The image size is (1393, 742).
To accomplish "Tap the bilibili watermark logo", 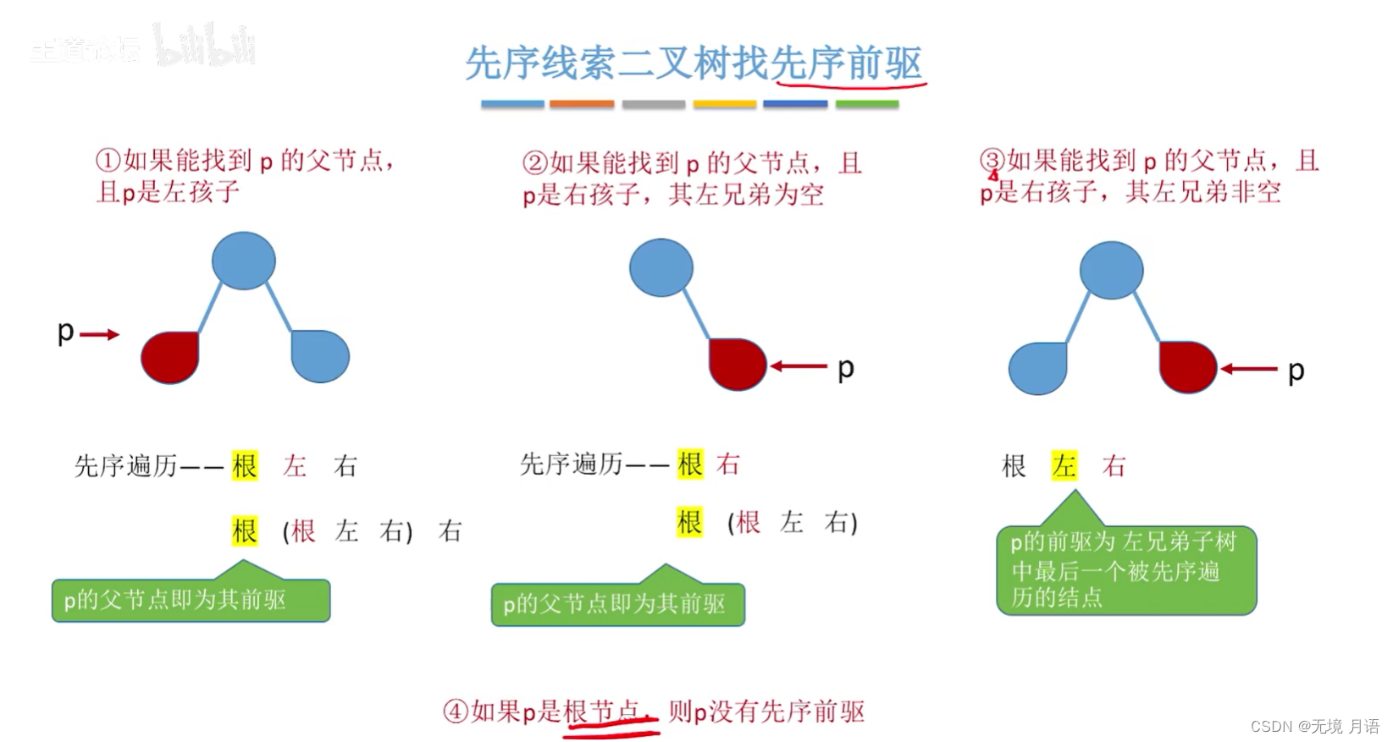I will pyautogui.click(x=205, y=46).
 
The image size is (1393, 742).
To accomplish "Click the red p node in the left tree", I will pyautogui.click(x=170, y=357).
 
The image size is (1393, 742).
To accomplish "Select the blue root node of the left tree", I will pyautogui.click(x=244, y=261).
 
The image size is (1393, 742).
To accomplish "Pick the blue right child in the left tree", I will pyautogui.click(x=320, y=356).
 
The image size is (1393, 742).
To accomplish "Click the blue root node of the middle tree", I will pyautogui.click(x=661, y=267).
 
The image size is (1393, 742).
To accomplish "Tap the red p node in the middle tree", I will pyautogui.click(x=737, y=365).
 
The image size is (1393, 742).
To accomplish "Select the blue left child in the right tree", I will pyautogui.click(x=1037, y=368).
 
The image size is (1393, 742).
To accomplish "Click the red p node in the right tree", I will pyautogui.click(x=1187, y=367).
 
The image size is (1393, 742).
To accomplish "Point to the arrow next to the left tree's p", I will pyautogui.click(x=100, y=335).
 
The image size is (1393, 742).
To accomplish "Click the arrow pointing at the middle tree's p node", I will pyautogui.click(x=799, y=366).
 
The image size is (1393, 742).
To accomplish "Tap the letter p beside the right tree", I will pyautogui.click(x=1296, y=371).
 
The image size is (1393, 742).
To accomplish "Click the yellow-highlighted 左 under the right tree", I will pyautogui.click(x=1064, y=465).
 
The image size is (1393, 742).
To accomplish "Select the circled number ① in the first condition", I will pyautogui.click(x=108, y=160).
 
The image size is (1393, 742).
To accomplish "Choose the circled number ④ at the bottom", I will pyautogui.click(x=456, y=711).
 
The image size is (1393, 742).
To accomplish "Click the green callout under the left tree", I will pyautogui.click(x=191, y=600).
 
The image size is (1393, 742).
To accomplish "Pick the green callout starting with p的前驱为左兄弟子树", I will pyautogui.click(x=1126, y=569).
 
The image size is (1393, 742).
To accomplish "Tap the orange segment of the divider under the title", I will pyautogui.click(x=582, y=104).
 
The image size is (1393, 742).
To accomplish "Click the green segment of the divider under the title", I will pyautogui.click(x=866, y=104).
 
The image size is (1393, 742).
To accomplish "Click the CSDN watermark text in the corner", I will pyautogui.click(x=1314, y=726).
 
